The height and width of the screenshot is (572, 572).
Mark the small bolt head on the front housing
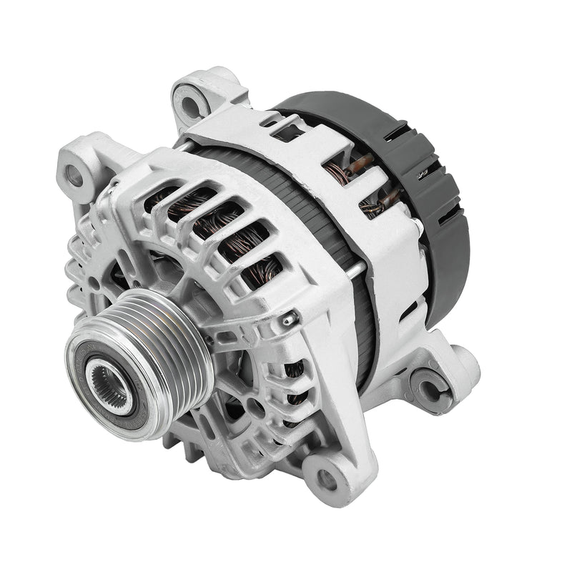(x=289, y=320)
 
